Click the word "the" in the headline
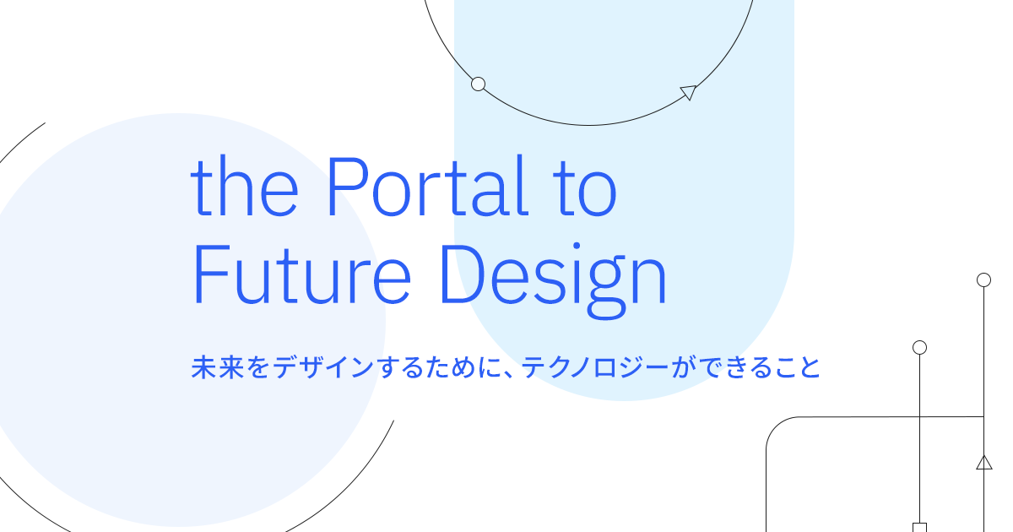(x=245, y=186)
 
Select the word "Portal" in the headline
(x=427, y=186)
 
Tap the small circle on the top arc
(x=478, y=84)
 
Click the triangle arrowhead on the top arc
(x=689, y=92)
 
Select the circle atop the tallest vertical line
(x=983, y=280)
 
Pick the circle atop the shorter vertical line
(x=919, y=347)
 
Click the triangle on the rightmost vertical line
(x=984, y=464)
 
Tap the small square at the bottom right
(x=919, y=528)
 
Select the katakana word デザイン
(x=322, y=366)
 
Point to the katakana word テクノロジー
(x=595, y=366)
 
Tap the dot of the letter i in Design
(x=577, y=246)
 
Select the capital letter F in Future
(x=212, y=274)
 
